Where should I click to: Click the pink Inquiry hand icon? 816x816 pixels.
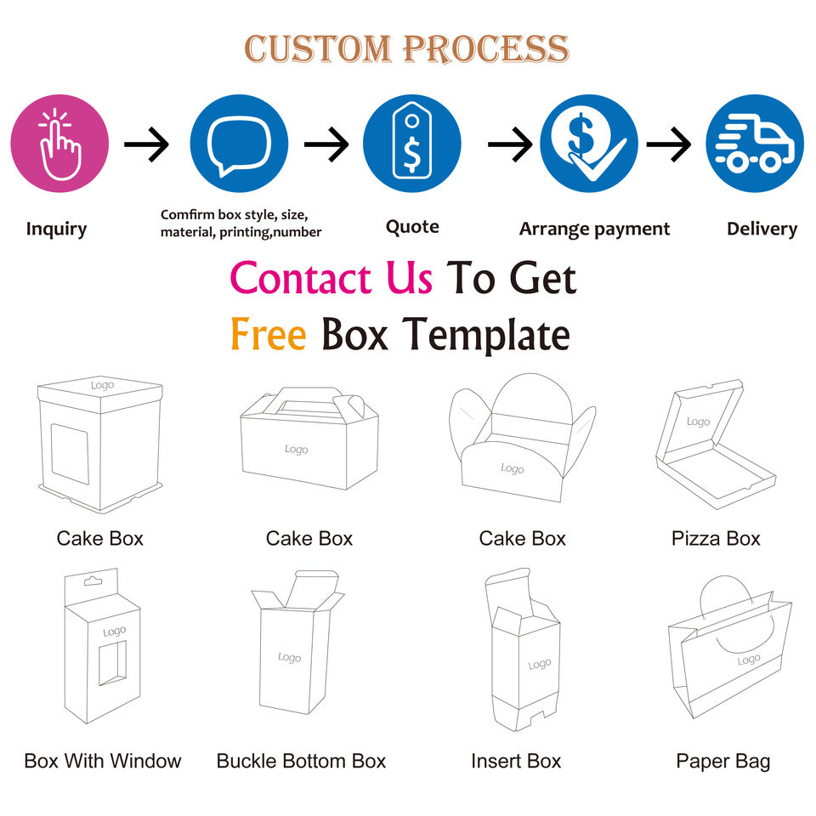59,144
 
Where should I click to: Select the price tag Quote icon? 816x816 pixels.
412,142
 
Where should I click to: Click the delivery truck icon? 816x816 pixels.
755,144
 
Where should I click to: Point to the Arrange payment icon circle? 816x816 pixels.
589,144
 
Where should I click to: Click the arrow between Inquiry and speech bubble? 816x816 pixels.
147,145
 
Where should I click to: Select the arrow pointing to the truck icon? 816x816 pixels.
669,145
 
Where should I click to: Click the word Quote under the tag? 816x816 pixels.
412,227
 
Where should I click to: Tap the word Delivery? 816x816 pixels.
762,229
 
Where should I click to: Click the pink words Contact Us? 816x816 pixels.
331,279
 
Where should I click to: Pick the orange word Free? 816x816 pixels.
268,334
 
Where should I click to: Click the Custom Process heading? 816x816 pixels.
406,48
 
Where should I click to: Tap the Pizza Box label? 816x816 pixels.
716,539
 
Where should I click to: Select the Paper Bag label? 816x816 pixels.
722,761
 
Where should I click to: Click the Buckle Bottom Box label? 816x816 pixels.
301,761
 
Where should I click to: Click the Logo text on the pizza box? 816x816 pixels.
698,422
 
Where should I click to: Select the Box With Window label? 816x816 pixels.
102,761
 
